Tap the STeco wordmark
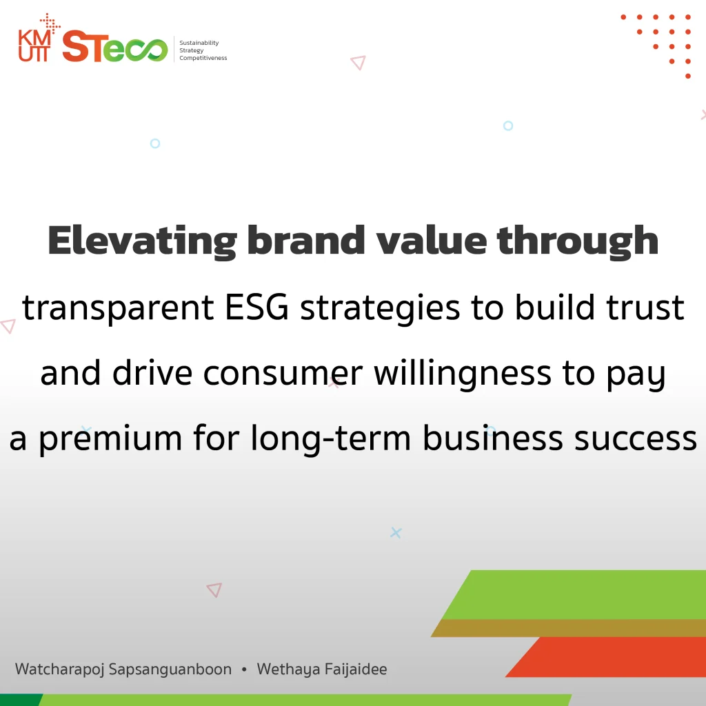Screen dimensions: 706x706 (115, 46)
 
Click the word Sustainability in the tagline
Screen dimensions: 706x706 (199, 43)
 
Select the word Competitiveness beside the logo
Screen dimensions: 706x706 (203, 58)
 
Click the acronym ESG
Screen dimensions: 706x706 (256, 307)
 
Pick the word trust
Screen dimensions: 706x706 (645, 308)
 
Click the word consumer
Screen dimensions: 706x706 (283, 374)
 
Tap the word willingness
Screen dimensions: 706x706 (463, 374)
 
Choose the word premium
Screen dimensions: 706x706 (110, 439)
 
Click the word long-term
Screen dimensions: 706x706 (331, 438)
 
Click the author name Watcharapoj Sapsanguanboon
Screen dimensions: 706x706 (123, 669)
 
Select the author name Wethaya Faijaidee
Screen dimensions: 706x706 (322, 669)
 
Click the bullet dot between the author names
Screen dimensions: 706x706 (244, 669)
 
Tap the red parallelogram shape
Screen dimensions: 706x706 (605, 657)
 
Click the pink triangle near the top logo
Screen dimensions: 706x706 (359, 63)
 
